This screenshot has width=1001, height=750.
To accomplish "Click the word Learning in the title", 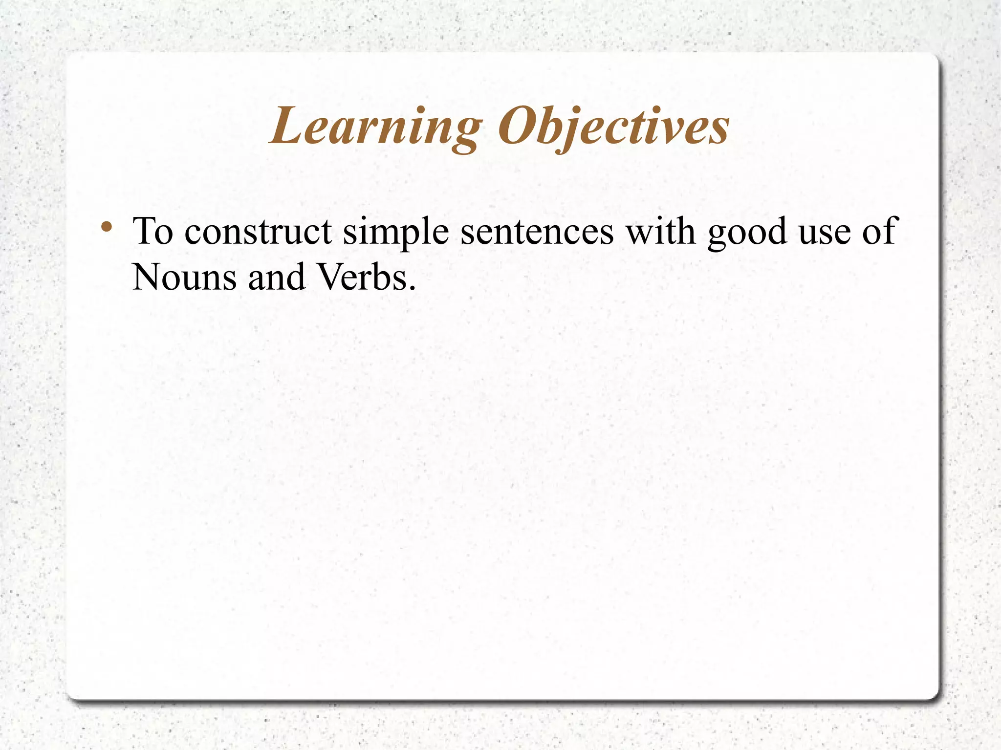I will click(375, 127).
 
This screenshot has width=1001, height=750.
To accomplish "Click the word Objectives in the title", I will click(613, 127).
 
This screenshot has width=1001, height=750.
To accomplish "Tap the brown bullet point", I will click(106, 227).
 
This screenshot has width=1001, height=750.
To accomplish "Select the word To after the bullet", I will click(153, 231).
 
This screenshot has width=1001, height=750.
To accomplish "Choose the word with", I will click(661, 231).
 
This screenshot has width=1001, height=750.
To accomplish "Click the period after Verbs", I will click(412, 288).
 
